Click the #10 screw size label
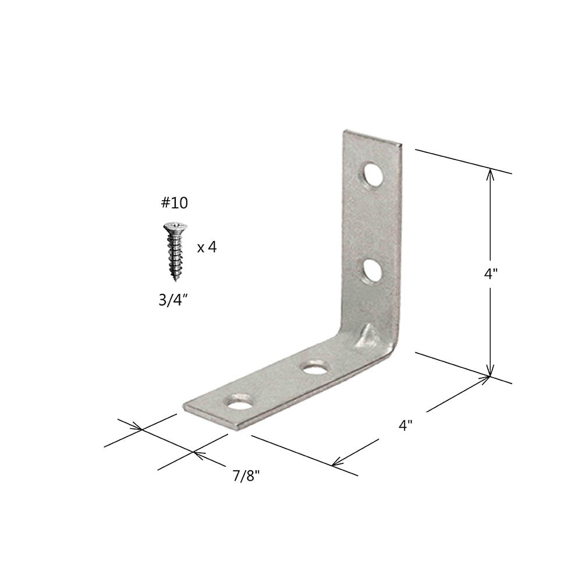click(x=174, y=203)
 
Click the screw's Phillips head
click(x=176, y=226)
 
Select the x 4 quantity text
click(x=207, y=247)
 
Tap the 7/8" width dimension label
click(x=246, y=476)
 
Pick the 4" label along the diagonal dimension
click(x=406, y=425)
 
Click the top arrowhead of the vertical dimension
click(x=490, y=172)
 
